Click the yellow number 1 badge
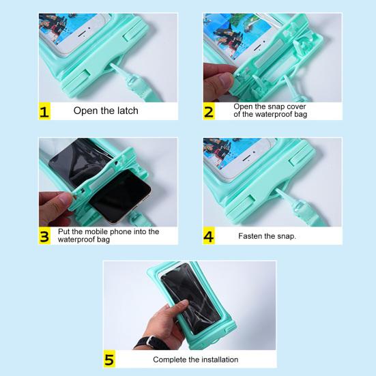pyautogui.click(x=44, y=111)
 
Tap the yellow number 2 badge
pyautogui.click(x=209, y=111)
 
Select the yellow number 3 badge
pyautogui.click(x=44, y=235)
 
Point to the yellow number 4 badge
pyautogui.click(x=209, y=235)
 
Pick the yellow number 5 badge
pyautogui.click(x=109, y=359)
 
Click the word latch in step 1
pyautogui.click(x=128, y=111)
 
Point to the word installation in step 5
pyautogui.click(x=220, y=360)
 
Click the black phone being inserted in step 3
pyautogui.click(x=121, y=195)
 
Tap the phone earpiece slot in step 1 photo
pyautogui.click(x=81, y=33)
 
